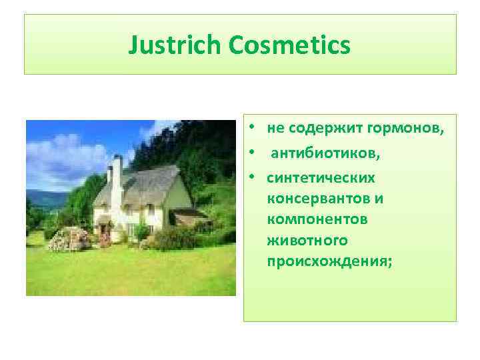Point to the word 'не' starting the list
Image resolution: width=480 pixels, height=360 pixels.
pos(274,127)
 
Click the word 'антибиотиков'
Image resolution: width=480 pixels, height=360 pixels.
pos(325,153)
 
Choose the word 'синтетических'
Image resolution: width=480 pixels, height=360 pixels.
pos(321,179)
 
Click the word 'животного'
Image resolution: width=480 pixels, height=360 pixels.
pos(299,240)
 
